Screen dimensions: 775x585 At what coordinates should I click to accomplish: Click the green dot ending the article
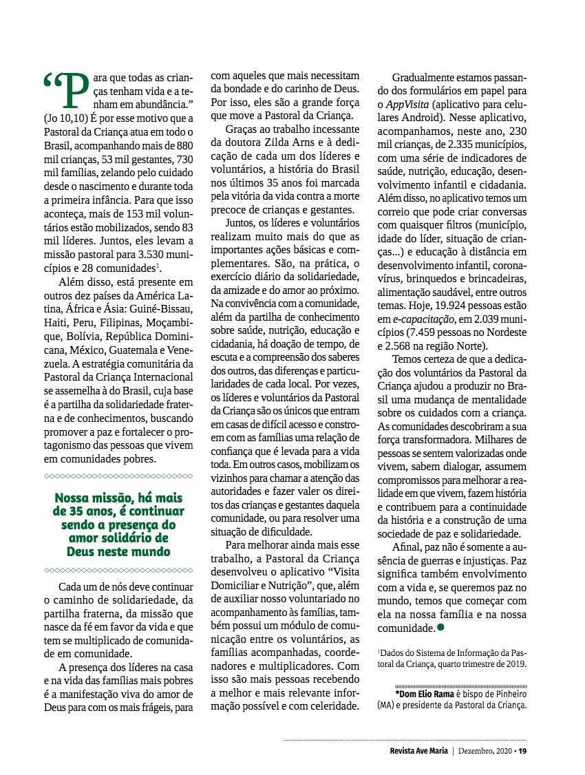tap(440, 627)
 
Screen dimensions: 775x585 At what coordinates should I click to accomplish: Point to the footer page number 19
tap(522, 751)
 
